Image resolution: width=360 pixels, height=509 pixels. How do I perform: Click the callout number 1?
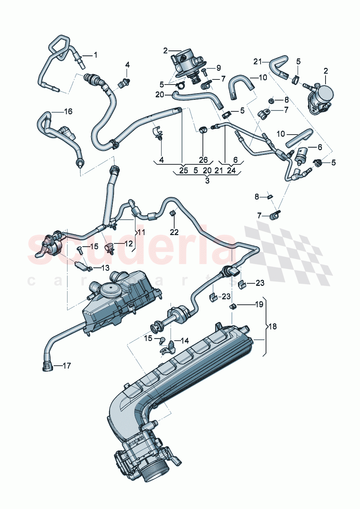click(x=95, y=55)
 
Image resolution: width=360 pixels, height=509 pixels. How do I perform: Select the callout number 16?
click(x=68, y=111)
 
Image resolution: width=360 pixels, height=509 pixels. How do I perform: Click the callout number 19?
click(x=259, y=304)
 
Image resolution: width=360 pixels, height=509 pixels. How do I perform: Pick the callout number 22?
click(x=174, y=232)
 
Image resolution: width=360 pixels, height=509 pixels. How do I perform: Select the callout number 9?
click(x=218, y=68)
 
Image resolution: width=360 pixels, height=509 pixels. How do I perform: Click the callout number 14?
click(x=184, y=341)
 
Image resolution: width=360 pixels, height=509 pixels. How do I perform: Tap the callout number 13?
click(x=105, y=268)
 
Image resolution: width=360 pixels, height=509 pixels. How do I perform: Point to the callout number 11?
click(x=141, y=232)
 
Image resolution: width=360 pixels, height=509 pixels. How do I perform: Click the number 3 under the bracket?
click(x=207, y=181)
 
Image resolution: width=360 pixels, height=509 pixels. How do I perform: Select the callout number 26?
click(x=203, y=160)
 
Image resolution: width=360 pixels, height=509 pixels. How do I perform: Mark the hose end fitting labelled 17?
click(x=47, y=366)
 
